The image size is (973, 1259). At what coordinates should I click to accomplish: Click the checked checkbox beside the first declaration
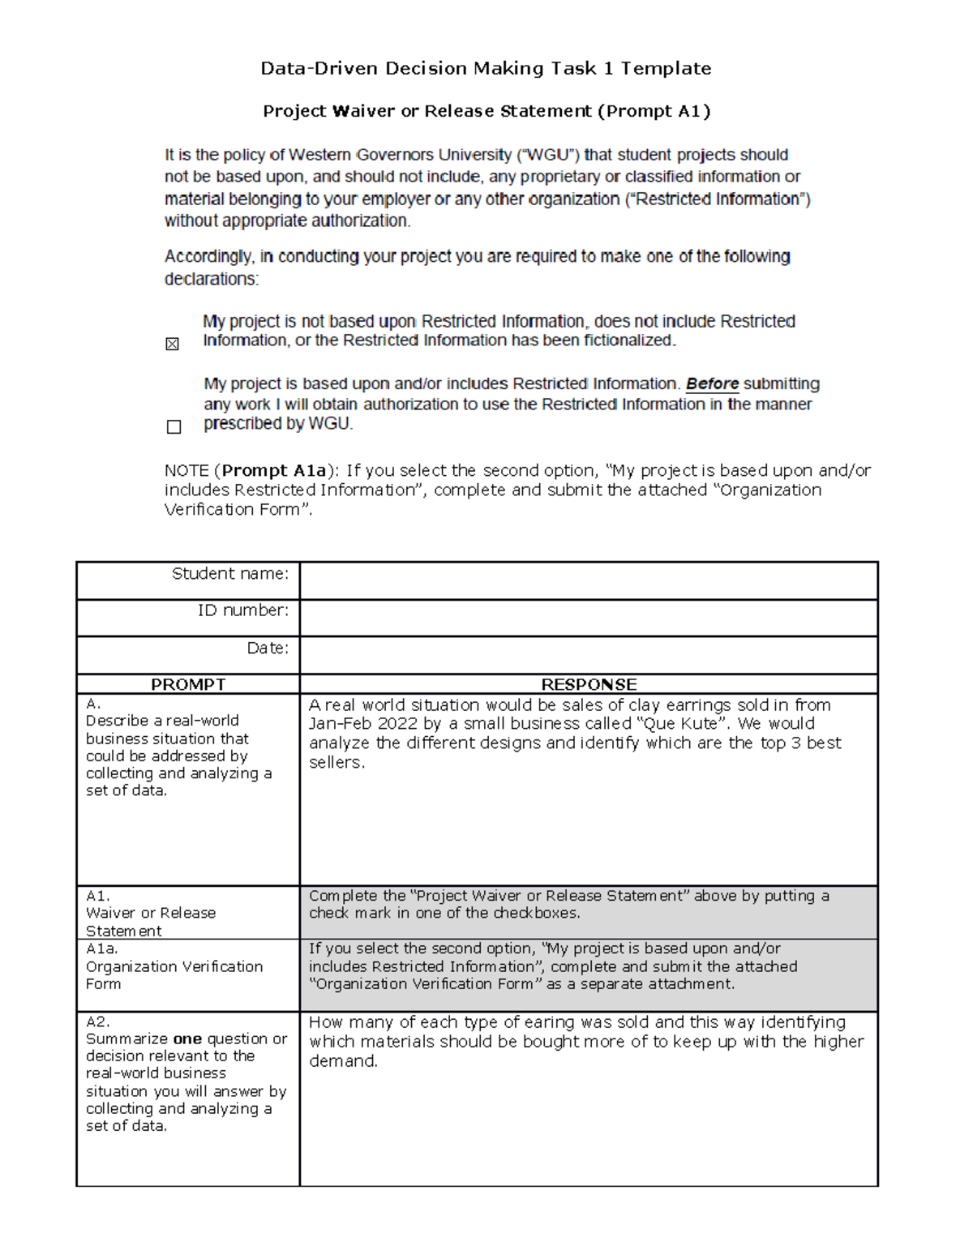172,345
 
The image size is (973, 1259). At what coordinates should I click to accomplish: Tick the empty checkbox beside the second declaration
174,427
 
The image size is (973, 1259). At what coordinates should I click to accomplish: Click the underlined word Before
712,384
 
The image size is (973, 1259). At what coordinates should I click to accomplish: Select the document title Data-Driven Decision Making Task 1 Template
486,69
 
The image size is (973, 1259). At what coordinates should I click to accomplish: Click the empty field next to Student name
588,580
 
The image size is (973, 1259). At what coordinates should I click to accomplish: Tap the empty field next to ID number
588,618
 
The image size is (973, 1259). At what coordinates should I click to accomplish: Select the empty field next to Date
588,655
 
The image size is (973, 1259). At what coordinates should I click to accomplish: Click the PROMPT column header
188,684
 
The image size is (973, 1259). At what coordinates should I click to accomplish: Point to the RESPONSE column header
589,684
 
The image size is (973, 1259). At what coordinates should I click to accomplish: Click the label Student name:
229,574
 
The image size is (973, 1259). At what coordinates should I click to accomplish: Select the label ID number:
242,610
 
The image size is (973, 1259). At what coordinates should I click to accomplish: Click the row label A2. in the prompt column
97,1021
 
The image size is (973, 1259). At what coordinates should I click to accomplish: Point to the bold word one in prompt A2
187,1039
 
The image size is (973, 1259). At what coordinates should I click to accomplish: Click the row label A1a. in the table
101,949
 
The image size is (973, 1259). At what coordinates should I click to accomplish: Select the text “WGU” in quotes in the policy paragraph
548,155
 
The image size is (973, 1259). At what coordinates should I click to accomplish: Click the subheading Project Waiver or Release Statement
427,112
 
